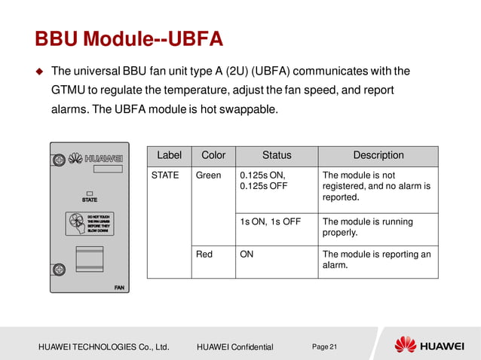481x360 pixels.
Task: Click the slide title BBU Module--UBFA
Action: coord(129,38)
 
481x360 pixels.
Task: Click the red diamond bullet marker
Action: coord(40,72)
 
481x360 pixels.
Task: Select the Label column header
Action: coord(169,155)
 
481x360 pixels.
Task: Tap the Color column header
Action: coord(213,155)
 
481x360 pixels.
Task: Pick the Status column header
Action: coord(276,155)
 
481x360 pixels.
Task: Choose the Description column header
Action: coord(378,155)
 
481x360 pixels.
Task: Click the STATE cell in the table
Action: coord(165,175)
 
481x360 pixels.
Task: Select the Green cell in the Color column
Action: coord(208,175)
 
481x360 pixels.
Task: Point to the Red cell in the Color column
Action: coord(204,255)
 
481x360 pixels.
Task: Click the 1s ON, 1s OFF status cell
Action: coord(270,221)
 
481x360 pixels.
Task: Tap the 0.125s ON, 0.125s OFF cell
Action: coord(262,181)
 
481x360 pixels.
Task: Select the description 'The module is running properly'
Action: coord(367,227)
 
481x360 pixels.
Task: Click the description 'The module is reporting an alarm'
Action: coord(376,260)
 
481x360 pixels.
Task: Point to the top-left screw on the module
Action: coord(57,160)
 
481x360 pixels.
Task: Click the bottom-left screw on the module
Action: coord(57,269)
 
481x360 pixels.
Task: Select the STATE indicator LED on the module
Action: coord(89,192)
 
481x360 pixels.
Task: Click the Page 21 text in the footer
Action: coord(325,346)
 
